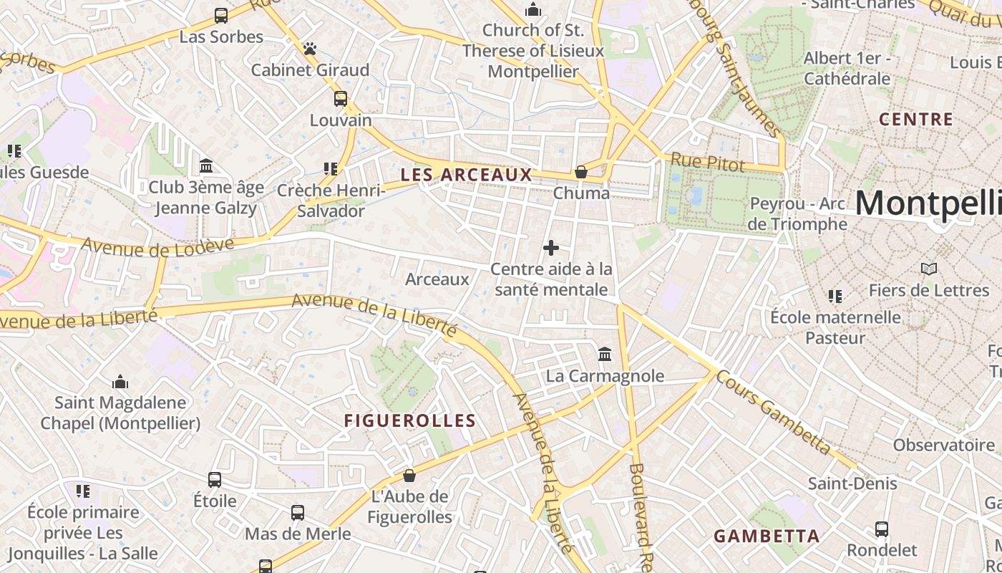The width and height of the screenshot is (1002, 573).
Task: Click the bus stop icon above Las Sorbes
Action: (x=221, y=15)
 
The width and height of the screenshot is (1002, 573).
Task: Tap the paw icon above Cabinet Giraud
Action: (x=310, y=49)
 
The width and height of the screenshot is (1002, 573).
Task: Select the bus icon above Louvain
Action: (x=341, y=99)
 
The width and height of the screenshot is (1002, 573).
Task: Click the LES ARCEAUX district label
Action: (x=466, y=175)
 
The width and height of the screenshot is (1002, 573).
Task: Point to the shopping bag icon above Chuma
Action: (x=581, y=172)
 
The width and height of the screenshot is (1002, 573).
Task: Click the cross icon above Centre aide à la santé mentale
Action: (x=551, y=248)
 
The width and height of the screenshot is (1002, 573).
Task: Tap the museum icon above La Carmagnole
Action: (x=605, y=355)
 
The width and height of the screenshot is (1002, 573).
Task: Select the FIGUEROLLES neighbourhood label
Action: (x=410, y=421)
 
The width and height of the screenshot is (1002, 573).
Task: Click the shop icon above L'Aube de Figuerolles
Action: (x=409, y=476)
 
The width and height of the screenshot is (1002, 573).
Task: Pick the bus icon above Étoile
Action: (x=215, y=480)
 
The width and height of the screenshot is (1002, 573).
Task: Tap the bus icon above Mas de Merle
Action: (x=298, y=513)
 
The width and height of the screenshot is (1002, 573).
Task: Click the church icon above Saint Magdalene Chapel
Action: (x=120, y=382)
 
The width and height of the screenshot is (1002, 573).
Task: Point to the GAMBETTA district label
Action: (x=767, y=536)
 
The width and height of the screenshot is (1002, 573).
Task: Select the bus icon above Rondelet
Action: (x=882, y=529)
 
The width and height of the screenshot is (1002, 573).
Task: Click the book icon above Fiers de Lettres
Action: (x=928, y=269)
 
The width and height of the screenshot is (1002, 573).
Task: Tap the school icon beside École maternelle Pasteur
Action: (x=835, y=296)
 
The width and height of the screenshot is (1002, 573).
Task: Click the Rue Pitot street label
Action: (x=707, y=163)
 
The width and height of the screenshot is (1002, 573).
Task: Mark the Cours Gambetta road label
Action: (x=774, y=413)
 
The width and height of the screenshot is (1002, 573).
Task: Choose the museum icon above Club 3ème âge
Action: (x=207, y=166)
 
